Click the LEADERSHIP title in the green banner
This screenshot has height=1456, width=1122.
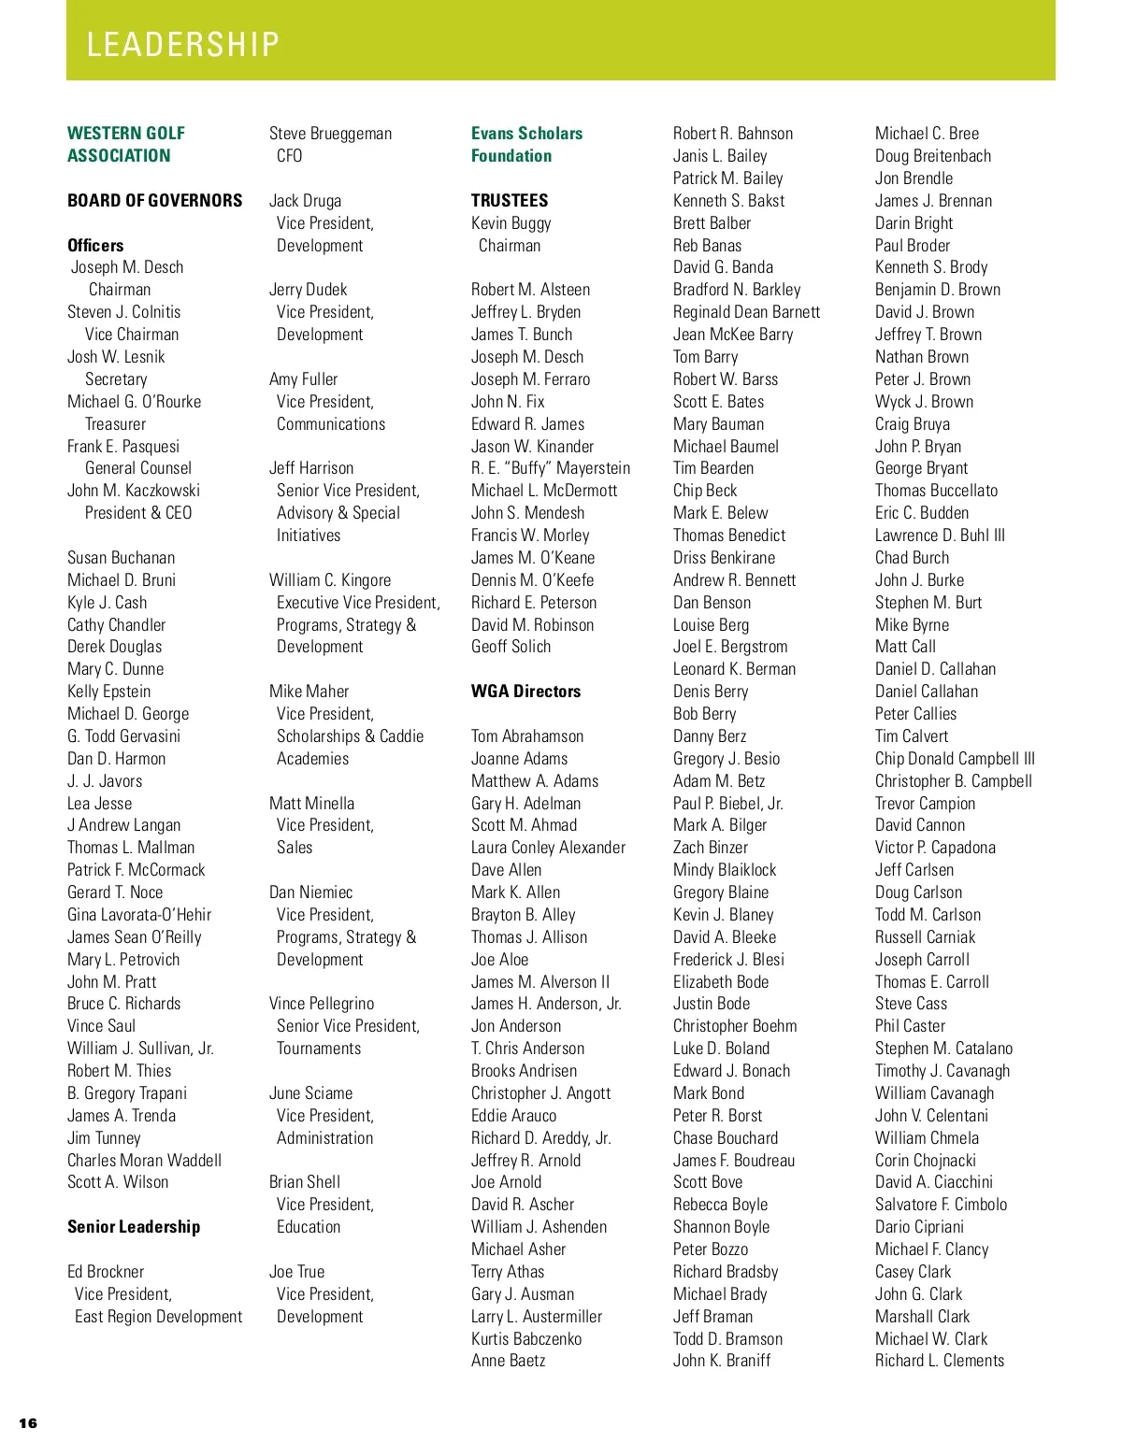(x=182, y=45)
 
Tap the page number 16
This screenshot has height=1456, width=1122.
(x=28, y=1423)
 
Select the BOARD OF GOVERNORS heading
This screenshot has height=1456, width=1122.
(x=154, y=201)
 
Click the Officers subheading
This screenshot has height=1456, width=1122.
(x=95, y=246)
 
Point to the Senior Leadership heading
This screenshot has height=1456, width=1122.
(x=134, y=1227)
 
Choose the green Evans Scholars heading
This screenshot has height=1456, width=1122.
(x=526, y=134)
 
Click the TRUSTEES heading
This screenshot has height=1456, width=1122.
(x=510, y=201)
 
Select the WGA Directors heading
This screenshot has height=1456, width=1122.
(x=525, y=692)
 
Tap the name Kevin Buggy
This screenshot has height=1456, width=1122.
(x=511, y=223)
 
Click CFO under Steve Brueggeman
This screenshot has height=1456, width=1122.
(x=289, y=156)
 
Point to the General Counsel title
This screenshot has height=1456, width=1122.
(x=138, y=468)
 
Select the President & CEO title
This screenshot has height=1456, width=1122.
(x=138, y=513)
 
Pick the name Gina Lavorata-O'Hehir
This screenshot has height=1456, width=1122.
(x=139, y=915)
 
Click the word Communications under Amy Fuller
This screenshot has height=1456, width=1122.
(x=331, y=424)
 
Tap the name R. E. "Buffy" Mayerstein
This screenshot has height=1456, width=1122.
(x=551, y=468)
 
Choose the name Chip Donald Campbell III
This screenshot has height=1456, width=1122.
(x=955, y=759)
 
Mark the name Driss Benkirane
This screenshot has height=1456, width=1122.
(x=724, y=558)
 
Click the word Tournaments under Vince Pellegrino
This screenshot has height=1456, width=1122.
(x=319, y=1049)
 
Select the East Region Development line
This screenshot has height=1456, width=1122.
(x=158, y=1317)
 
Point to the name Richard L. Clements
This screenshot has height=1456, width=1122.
(x=940, y=1361)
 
